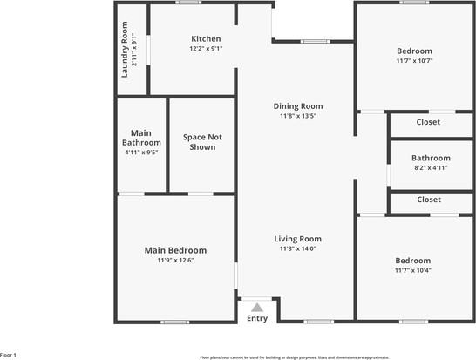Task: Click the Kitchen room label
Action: (206, 38)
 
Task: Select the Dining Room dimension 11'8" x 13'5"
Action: (297, 116)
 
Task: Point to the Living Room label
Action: (297, 239)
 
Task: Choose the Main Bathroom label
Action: (141, 137)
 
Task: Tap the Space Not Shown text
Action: (202, 142)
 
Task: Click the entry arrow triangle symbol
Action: (256, 307)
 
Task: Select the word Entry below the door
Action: (256, 318)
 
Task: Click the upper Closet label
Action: (428, 123)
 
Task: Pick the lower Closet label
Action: (428, 200)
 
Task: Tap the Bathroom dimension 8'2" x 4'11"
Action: (430, 167)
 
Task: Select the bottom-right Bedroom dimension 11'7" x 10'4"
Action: (412, 270)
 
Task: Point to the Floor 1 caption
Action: (9, 355)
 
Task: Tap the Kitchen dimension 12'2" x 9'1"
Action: (206, 49)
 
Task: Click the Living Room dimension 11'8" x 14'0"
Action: (297, 248)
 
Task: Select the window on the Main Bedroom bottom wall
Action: (174, 322)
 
